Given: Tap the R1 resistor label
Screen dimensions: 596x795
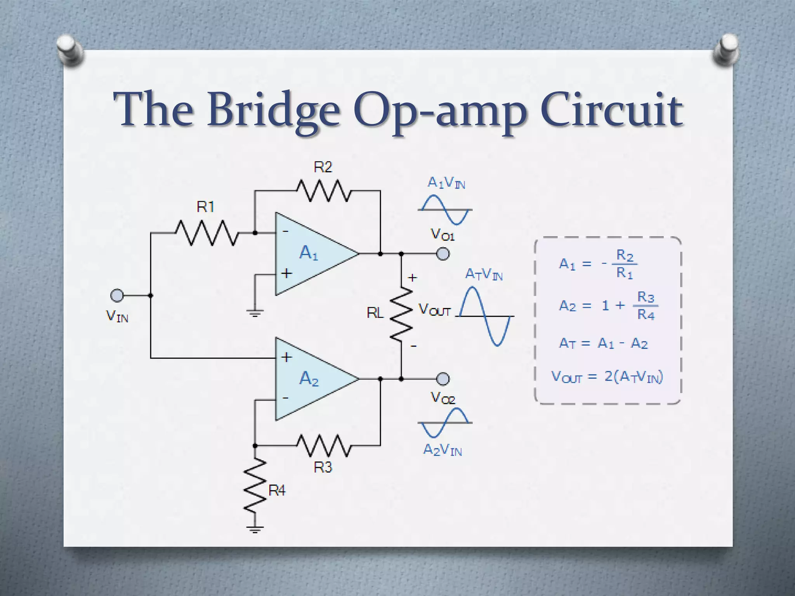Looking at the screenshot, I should pyautogui.click(x=205, y=207).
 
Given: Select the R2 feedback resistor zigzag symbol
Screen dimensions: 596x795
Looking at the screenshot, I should pyautogui.click(x=323, y=191).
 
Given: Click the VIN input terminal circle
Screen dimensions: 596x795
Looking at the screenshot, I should pyautogui.click(x=116, y=296).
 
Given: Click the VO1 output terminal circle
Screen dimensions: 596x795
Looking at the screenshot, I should pyautogui.click(x=443, y=254).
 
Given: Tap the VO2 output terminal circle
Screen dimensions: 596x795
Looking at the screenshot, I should pyautogui.click(x=443, y=379).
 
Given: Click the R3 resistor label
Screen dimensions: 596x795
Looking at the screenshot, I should pyautogui.click(x=323, y=467).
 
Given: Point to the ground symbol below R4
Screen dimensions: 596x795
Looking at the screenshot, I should pyautogui.click(x=255, y=528).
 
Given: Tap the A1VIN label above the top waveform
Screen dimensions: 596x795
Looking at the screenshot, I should pyautogui.click(x=446, y=182).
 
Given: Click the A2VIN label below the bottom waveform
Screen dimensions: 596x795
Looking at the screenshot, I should pyautogui.click(x=443, y=450).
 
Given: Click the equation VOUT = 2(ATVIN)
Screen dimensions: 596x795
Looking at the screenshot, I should pyautogui.click(x=607, y=377).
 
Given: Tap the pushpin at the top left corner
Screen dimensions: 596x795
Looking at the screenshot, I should pyautogui.click(x=70, y=50).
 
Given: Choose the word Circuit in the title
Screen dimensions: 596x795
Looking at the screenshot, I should pyautogui.click(x=611, y=111).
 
